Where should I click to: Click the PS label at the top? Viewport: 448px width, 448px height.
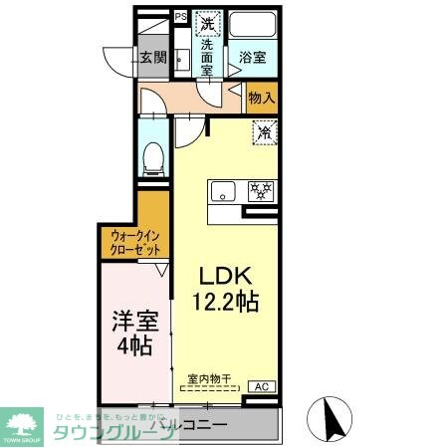pyautogui.click(x=181, y=16)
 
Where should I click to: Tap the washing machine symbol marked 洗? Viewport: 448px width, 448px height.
pyautogui.click(x=207, y=22)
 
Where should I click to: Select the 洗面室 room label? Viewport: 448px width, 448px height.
pyautogui.click(x=207, y=58)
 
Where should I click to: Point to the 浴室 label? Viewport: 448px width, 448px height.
pyautogui.click(x=251, y=59)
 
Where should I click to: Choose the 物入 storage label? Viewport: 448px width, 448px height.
pyautogui.click(x=262, y=100)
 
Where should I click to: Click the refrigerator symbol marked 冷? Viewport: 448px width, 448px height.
pyautogui.click(x=265, y=130)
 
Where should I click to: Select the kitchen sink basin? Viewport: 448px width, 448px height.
pyautogui.click(x=221, y=189)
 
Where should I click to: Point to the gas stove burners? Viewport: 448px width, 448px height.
pyautogui.click(x=260, y=189)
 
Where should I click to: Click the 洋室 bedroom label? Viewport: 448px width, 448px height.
pyautogui.click(x=131, y=321)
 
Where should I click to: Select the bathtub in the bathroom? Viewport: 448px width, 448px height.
pyautogui.click(x=253, y=26)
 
